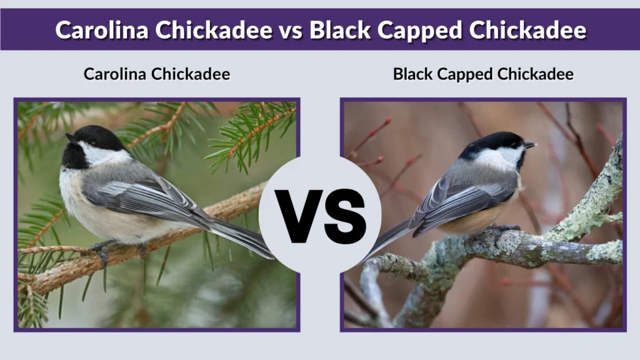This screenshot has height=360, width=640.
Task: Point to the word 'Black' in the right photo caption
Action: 412,74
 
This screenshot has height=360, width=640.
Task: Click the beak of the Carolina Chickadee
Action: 69,137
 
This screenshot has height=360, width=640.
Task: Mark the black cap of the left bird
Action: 94,134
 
